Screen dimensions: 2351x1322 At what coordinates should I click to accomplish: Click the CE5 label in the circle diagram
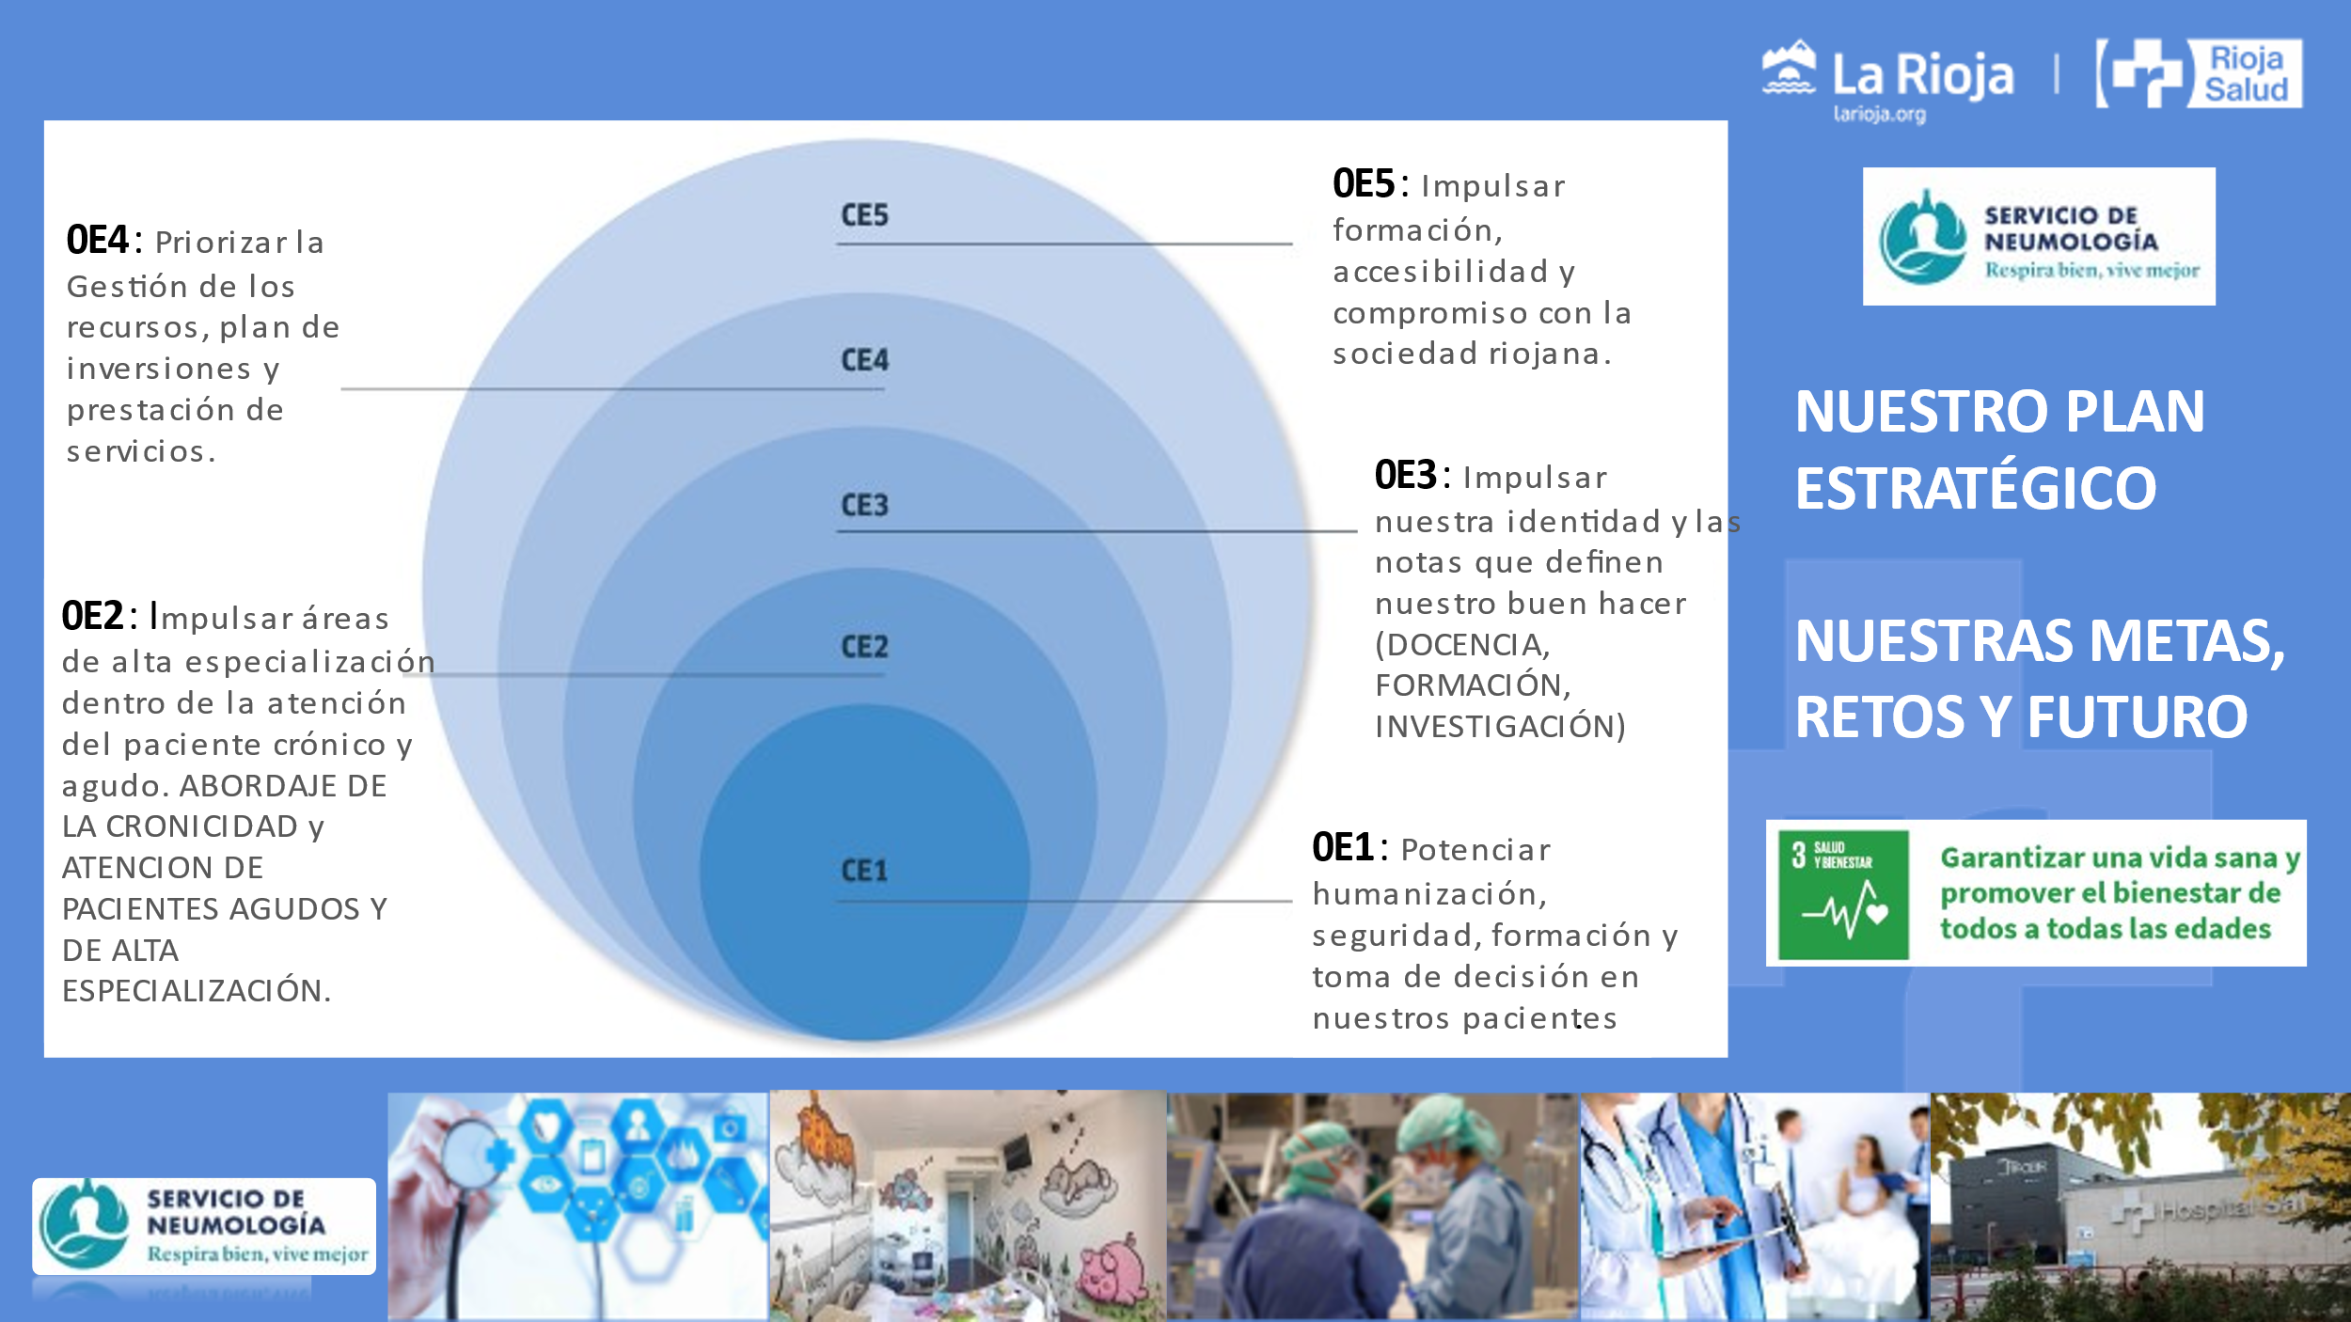tap(864, 215)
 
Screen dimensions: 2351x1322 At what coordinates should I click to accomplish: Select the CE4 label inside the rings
tap(864, 360)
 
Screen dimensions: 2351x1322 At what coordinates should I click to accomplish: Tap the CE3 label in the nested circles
tap(864, 505)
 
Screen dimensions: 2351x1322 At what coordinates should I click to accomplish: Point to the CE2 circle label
tap(864, 647)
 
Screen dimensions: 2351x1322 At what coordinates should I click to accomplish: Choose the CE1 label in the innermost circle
tap(864, 871)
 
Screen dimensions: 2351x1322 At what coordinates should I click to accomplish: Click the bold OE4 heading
tap(98, 241)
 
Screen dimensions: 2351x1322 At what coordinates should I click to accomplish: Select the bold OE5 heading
tap(1364, 184)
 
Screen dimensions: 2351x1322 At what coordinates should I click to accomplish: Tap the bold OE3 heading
tap(1406, 476)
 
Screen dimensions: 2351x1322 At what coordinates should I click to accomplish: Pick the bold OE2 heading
tap(93, 617)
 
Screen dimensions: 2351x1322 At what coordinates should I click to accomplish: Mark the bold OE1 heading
tap(1344, 848)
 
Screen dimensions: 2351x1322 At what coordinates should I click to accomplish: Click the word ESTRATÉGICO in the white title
tap(1976, 489)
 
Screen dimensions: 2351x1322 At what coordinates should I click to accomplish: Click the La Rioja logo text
tap(1922, 75)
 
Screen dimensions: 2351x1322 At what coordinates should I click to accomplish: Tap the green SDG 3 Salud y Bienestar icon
tap(1843, 894)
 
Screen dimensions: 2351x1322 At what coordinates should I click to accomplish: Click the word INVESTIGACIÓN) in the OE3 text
tap(1500, 727)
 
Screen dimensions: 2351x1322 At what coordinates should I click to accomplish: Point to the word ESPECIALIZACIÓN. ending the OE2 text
tap(197, 991)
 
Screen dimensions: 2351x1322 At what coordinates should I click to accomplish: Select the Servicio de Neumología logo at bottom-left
tap(204, 1226)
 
